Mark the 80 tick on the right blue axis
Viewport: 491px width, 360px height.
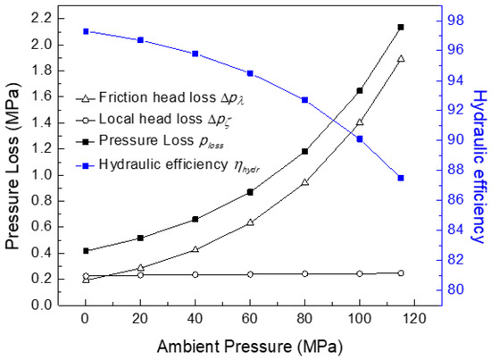[x=450, y=289]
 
